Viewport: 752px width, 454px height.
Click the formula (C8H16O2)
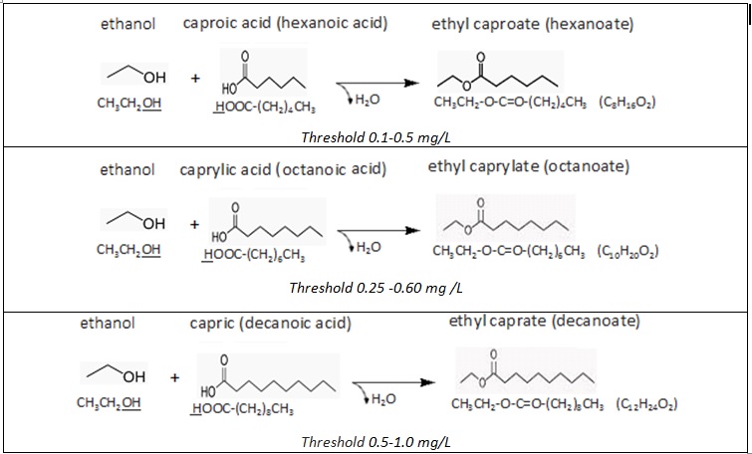[627, 102]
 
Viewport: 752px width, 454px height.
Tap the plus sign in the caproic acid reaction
[194, 77]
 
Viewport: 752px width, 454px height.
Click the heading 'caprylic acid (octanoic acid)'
[283, 169]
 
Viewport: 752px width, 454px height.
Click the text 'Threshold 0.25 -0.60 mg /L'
[376, 288]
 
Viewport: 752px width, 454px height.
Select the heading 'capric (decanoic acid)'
[270, 324]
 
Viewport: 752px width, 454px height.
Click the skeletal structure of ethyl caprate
[525, 374]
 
